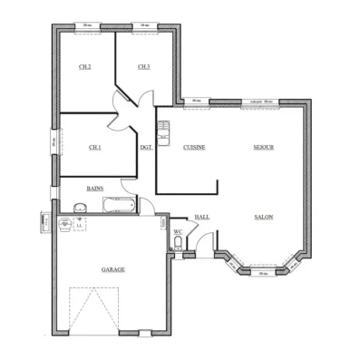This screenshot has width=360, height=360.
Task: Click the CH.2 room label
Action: coord(85,67)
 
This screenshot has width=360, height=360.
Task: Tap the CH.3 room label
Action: coord(143,67)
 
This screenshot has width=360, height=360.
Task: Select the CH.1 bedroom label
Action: coord(94,147)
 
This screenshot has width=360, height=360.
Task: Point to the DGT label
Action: coord(145,147)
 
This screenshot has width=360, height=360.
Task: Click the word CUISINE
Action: coord(193,147)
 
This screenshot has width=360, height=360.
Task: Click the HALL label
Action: coord(202,217)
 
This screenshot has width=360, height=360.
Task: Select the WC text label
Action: coord(178,231)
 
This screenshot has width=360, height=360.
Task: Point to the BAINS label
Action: coord(94,188)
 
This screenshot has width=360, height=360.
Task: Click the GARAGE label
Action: coord(112,269)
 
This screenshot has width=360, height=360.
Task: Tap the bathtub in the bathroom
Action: coord(118,207)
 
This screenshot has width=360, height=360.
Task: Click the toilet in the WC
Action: coord(178,243)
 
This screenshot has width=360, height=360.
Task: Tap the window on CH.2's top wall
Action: coord(85,25)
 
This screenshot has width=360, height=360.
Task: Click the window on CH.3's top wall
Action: coord(143,25)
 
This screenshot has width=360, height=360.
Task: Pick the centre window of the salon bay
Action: coord(262,273)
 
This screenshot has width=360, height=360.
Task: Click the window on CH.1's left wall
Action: coord(54,142)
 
